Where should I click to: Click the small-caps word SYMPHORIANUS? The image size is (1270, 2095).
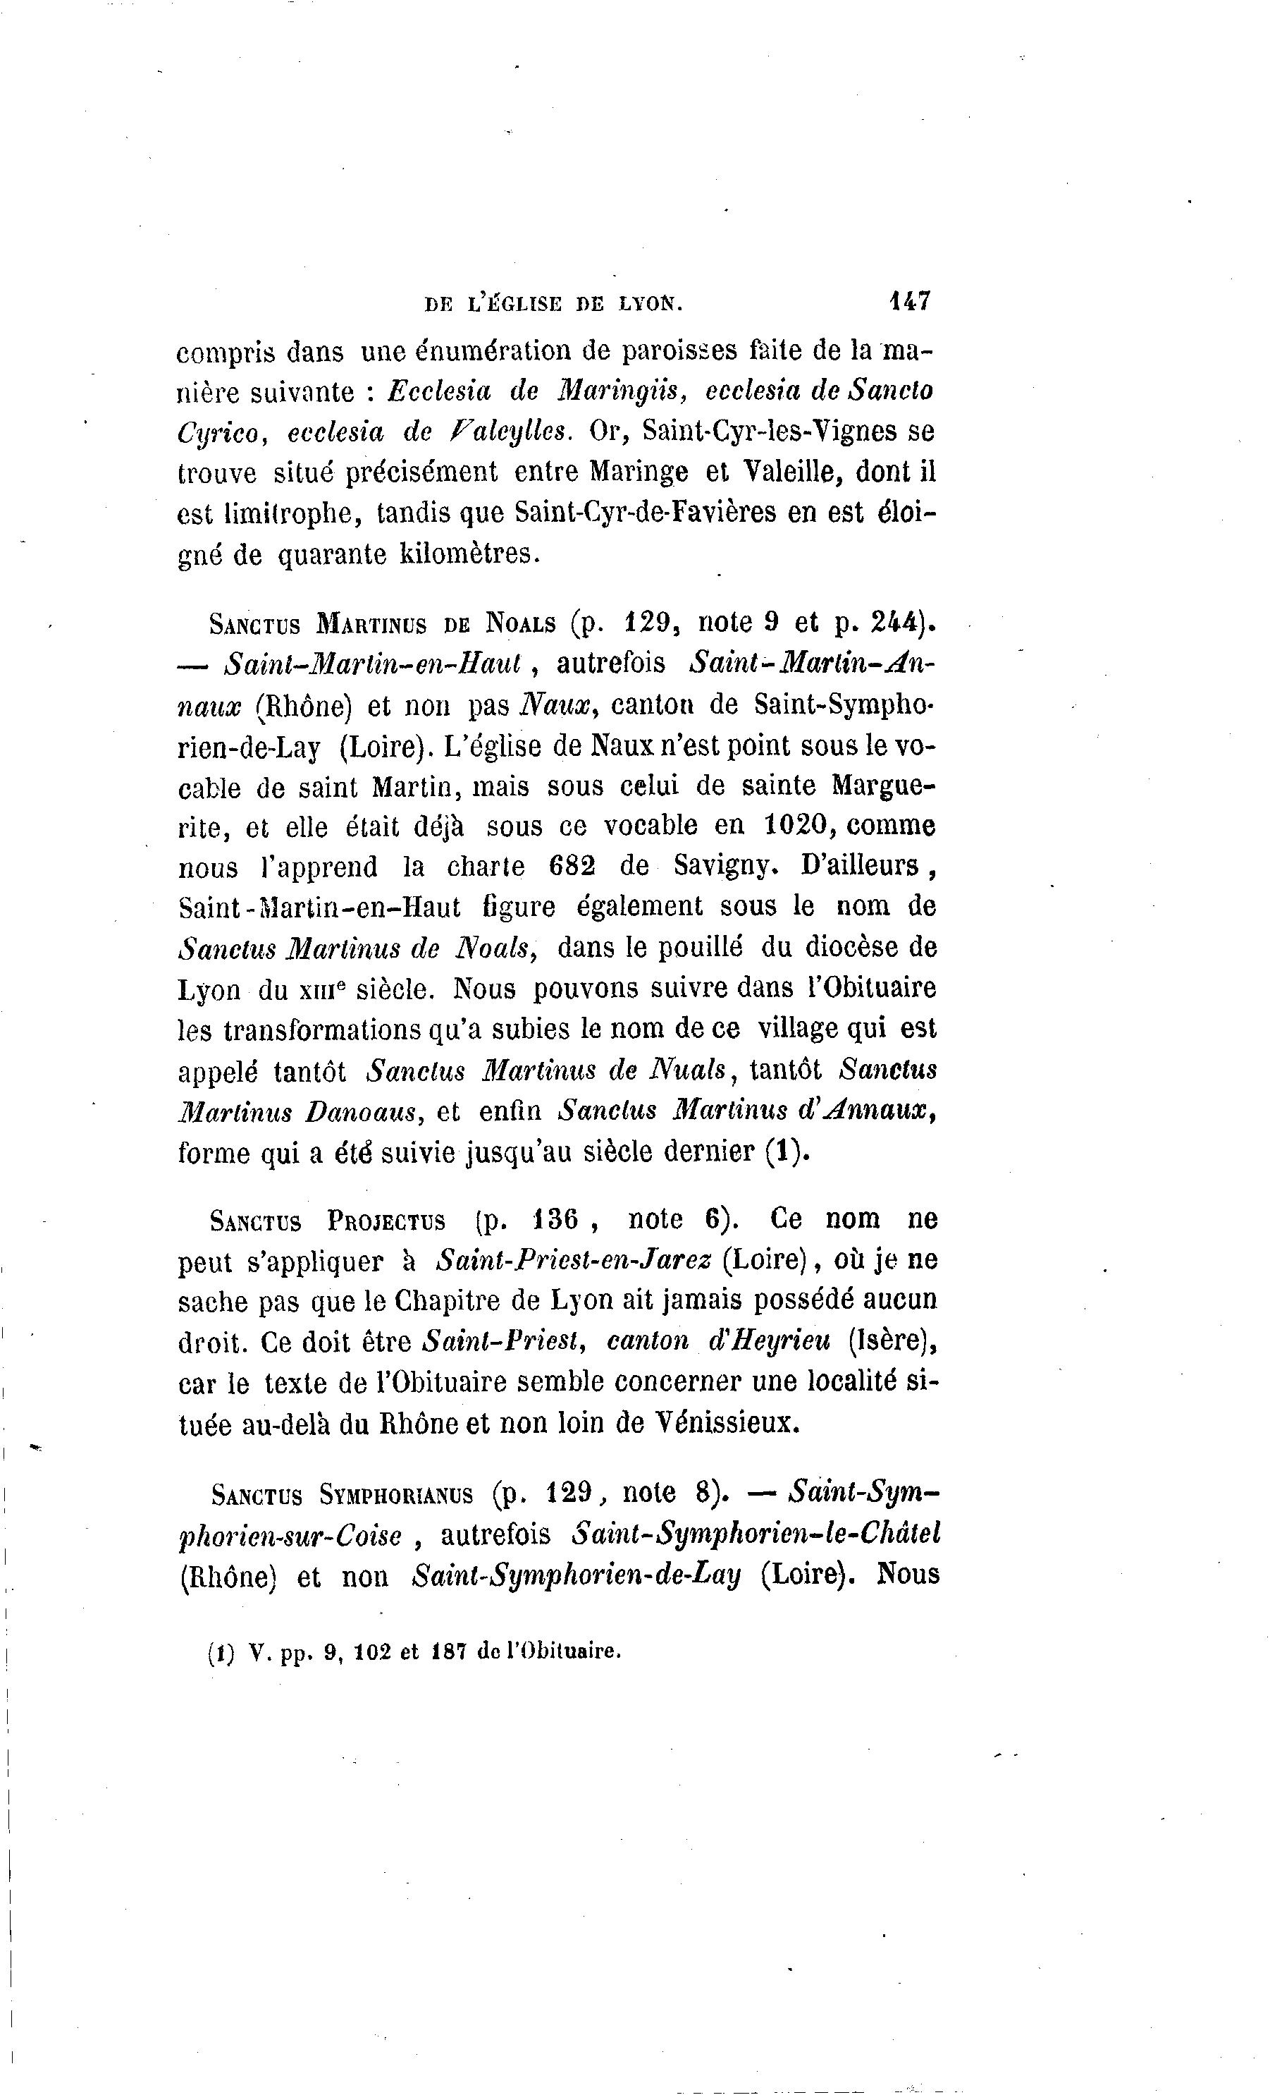[x=397, y=1495]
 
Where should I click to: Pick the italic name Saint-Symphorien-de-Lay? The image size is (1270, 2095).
[x=577, y=1575]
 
